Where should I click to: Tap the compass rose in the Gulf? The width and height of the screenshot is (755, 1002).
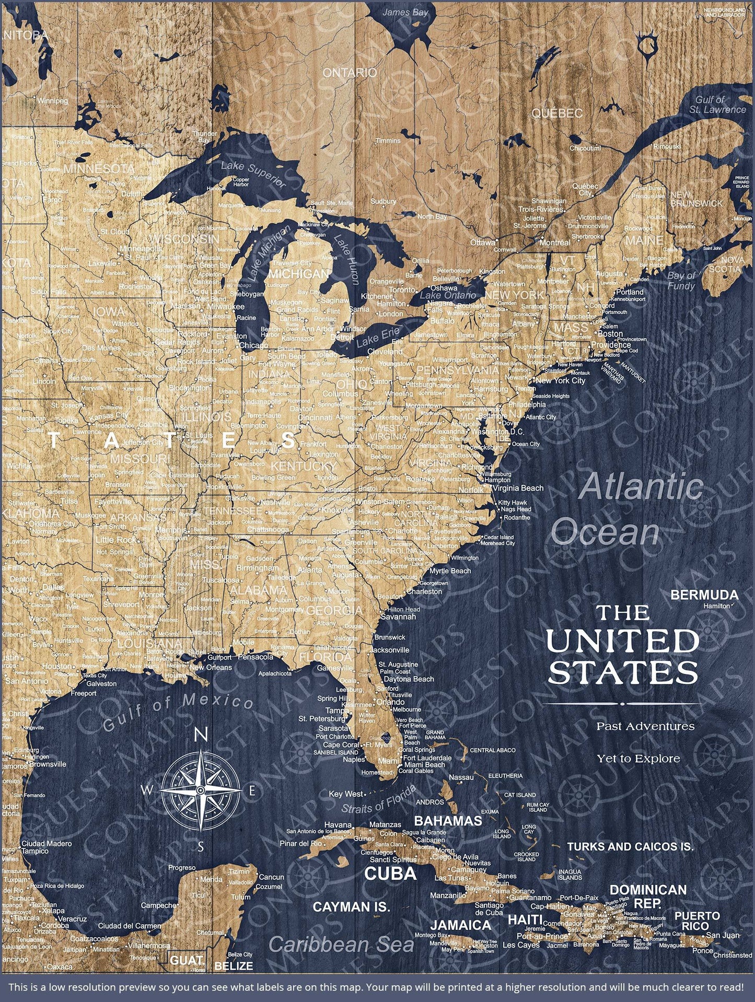201,791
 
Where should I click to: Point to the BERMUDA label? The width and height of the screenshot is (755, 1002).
704,595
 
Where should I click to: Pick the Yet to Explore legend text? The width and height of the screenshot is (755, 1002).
638,759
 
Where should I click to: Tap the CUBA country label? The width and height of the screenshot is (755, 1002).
390,873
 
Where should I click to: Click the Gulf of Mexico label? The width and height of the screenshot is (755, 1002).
178,713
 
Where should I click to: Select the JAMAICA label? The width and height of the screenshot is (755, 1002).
460,925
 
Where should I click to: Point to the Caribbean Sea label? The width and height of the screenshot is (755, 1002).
341,945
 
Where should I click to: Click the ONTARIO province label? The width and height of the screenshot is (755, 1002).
350,73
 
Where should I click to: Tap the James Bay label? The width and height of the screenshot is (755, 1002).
405,12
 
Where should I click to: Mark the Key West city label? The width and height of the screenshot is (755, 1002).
346,794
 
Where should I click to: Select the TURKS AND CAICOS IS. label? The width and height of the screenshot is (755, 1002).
630,847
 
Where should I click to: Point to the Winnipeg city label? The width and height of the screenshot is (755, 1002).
52,100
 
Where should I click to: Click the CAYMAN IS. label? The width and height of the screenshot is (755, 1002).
351,907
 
